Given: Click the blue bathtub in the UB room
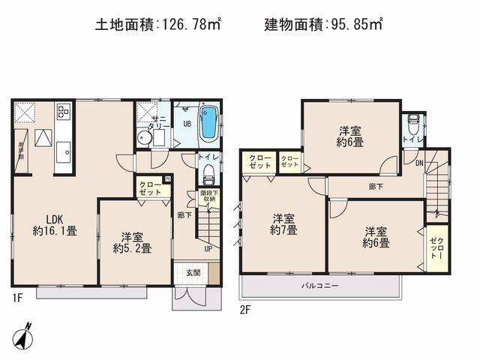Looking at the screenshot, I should (x=209, y=122).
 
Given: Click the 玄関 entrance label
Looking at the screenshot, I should (x=193, y=272).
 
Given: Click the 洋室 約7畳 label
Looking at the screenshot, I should (x=283, y=224).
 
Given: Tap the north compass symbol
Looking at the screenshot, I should (x=25, y=335).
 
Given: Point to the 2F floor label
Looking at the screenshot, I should (x=245, y=308).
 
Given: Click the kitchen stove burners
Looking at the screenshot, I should (x=63, y=113).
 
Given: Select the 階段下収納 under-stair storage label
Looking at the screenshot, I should (x=208, y=196).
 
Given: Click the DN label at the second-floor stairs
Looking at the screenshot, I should (x=418, y=162).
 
